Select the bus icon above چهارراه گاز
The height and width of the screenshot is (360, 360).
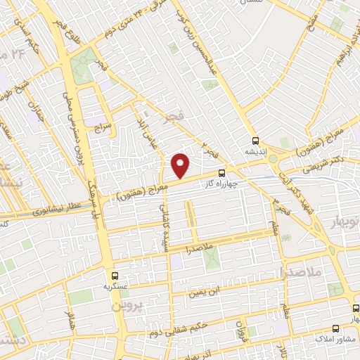click(222, 172)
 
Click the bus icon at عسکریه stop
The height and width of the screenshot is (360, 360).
click(114, 276)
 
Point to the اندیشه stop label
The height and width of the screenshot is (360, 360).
click(255, 150)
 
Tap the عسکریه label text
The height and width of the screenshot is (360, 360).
click(114, 287)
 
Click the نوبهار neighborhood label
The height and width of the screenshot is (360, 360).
click(343, 222)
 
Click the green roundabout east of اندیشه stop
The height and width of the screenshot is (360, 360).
click(274, 160)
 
